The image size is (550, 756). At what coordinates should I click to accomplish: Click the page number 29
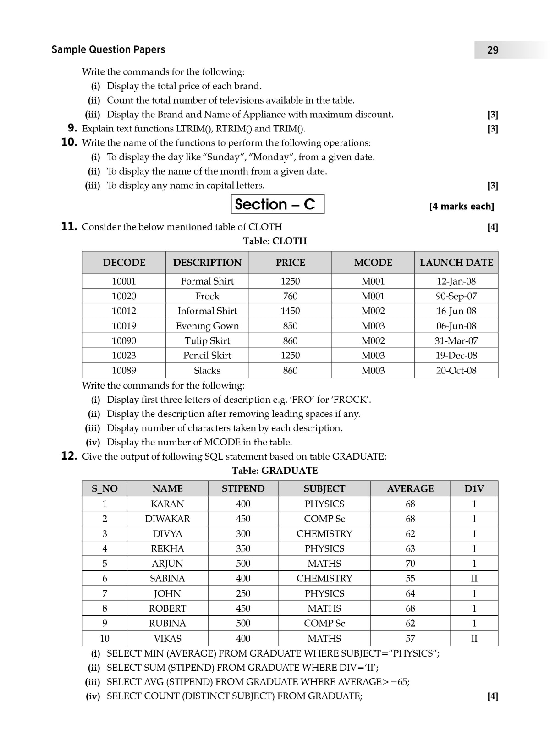[x=493, y=50]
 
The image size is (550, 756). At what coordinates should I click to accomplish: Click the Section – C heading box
[x=277, y=204]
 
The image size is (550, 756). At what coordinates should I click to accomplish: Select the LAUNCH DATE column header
[x=456, y=263]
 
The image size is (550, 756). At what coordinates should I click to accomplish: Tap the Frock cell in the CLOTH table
[x=207, y=296]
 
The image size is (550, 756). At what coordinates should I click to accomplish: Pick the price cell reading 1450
[x=290, y=311]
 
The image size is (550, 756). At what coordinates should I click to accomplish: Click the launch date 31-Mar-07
[x=456, y=340]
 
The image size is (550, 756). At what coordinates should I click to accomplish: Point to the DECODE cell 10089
[x=124, y=370]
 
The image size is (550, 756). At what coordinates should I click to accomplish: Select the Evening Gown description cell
[x=207, y=326]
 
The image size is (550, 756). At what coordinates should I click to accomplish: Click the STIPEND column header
[x=243, y=488]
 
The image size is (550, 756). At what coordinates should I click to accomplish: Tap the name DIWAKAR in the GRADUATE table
[x=167, y=519]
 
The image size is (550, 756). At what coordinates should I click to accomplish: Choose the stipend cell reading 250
[x=243, y=593]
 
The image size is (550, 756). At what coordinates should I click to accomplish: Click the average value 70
[x=410, y=563]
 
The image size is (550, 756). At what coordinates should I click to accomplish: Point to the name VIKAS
[x=167, y=638]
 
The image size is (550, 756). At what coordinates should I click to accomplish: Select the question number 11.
[x=69, y=226]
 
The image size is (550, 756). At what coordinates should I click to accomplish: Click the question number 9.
[x=72, y=128]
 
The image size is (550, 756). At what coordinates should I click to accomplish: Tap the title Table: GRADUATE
[x=275, y=471]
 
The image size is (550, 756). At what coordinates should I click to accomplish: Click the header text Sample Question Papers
[x=108, y=49]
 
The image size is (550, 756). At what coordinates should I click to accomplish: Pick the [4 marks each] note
[x=462, y=206]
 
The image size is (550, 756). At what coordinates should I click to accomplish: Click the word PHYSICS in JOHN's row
[x=324, y=593]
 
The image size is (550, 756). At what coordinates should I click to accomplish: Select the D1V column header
[x=474, y=488]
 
